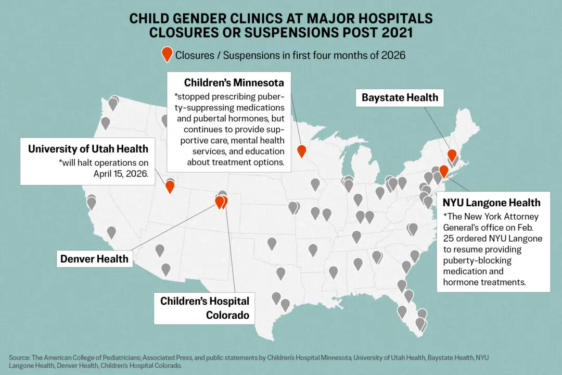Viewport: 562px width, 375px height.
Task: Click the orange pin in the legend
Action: click(167, 54)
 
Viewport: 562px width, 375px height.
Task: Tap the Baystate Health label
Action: click(400, 97)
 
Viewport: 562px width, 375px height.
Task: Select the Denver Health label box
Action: click(94, 258)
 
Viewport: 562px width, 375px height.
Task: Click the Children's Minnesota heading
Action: click(234, 83)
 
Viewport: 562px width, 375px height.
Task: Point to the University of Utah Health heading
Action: click(88, 149)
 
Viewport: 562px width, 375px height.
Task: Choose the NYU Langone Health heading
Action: click(491, 203)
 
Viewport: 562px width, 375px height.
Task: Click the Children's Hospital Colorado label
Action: click(205, 308)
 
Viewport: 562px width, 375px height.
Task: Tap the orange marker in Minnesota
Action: click(301, 151)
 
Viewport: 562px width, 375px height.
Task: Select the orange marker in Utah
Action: click(170, 186)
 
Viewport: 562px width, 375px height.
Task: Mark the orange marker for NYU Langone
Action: click(443, 171)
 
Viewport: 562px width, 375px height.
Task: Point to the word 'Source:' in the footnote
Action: click(19, 358)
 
